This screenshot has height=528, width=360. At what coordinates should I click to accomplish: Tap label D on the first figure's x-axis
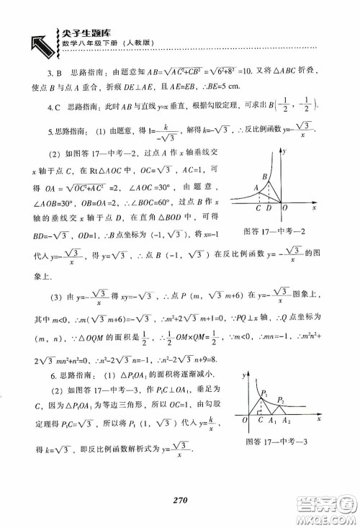click(x=269, y=209)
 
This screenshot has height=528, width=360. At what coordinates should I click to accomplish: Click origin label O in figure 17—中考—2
click(x=285, y=209)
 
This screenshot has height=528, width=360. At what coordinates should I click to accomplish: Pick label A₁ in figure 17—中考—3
click(x=272, y=420)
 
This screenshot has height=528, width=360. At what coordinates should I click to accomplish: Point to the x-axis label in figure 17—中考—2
click(x=315, y=207)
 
